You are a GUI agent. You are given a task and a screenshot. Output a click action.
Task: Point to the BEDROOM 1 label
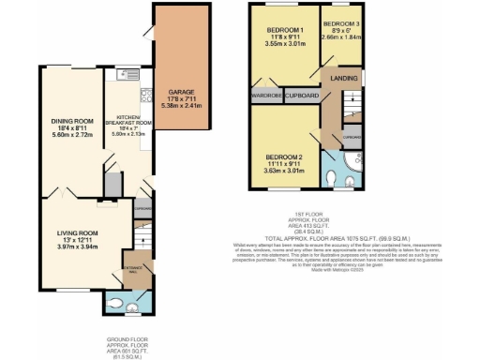pos(281,30)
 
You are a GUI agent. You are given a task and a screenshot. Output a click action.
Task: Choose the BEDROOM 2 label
pos(281,157)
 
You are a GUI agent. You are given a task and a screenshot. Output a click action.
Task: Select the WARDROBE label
pos(265,95)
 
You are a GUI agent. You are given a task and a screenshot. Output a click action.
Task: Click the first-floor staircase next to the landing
pos(350,99)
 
